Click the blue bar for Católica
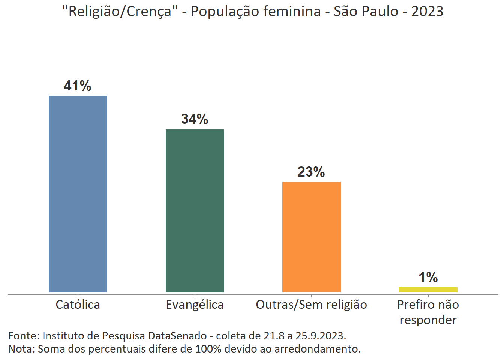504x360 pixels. pos(78,193)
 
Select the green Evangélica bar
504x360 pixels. pos(195,210)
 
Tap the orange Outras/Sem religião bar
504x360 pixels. pos(311,237)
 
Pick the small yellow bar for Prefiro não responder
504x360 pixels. pos(428,289)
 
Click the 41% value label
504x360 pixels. pos(78,86)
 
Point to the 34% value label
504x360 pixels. pos(195,119)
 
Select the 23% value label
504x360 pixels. pos(311,172)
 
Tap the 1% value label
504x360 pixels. pos(428,277)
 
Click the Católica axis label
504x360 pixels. pos(78,304)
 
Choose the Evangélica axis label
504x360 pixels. pos(195,304)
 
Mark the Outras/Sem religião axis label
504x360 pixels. pos(311,304)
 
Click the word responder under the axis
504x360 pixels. pos(428,320)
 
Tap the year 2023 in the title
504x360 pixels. pos(427,12)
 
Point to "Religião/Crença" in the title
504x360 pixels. pos(120,12)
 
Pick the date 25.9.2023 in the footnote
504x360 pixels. pos(320,335)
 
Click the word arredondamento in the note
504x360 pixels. pos(317,349)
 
